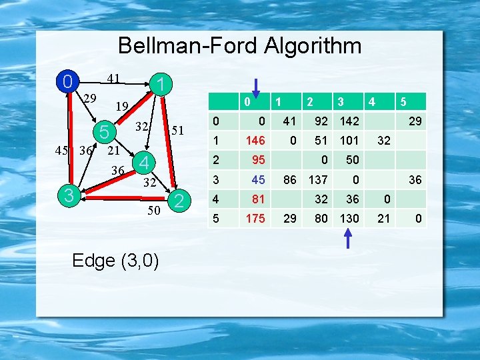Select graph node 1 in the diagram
(x=161, y=84)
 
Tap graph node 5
(x=103, y=132)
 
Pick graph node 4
(x=143, y=162)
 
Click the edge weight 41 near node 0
(x=113, y=79)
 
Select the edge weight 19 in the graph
(x=121, y=106)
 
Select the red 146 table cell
(x=256, y=141)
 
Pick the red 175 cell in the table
(x=256, y=218)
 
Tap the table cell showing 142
(x=349, y=121)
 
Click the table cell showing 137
(x=318, y=179)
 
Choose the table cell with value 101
(x=349, y=141)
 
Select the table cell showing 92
(x=321, y=121)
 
